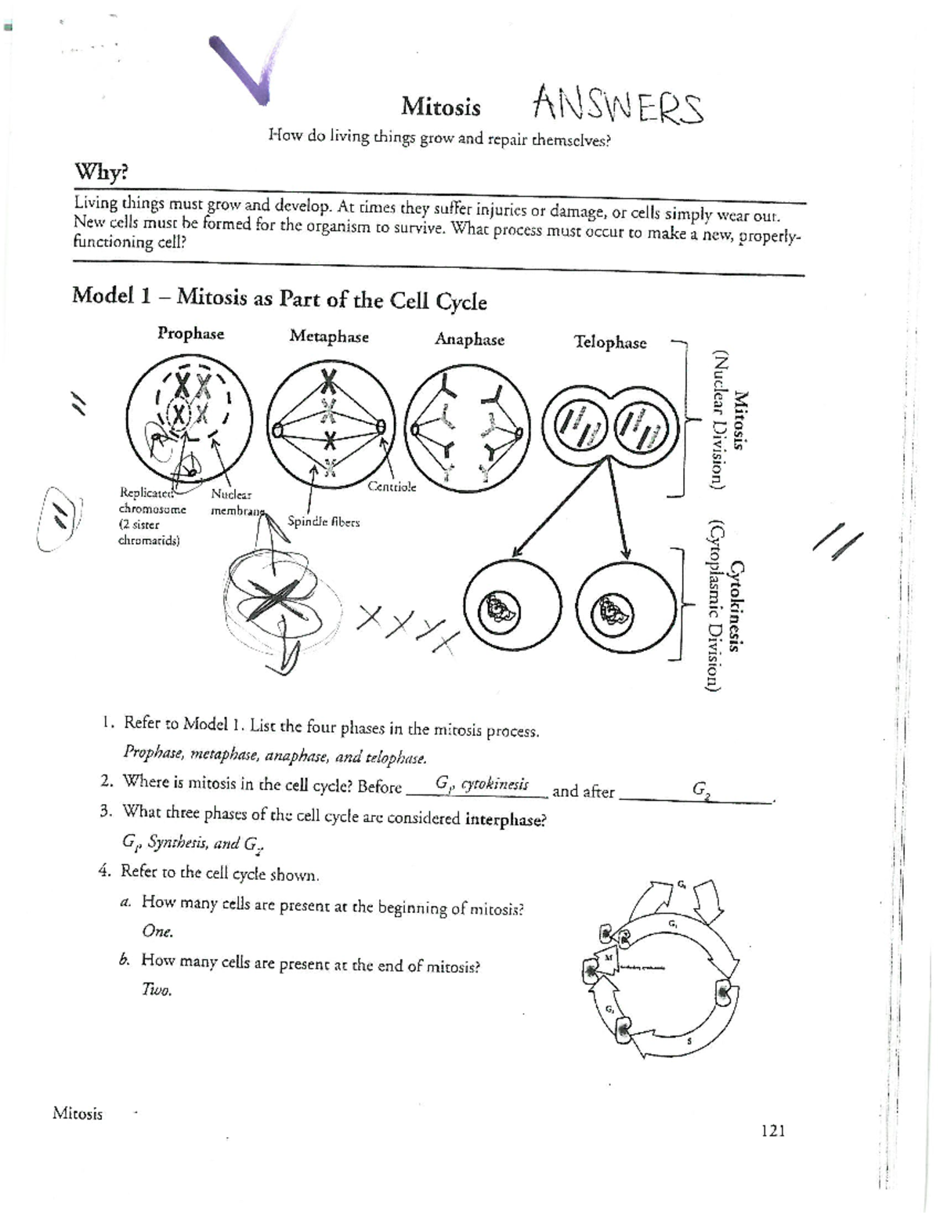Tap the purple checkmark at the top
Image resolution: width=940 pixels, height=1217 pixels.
(244, 71)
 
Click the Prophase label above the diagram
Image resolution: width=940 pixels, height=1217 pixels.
(190, 334)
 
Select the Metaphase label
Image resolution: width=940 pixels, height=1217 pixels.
(329, 337)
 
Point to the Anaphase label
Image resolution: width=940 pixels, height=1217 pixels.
(469, 339)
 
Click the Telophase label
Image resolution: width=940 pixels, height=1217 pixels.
(610, 342)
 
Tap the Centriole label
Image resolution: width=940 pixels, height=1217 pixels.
(392, 487)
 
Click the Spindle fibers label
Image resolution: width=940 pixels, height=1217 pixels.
(324, 521)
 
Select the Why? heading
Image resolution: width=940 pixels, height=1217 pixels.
(100, 171)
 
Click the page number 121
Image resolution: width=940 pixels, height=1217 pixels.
(772, 1130)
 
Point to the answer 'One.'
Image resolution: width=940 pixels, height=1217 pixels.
(157, 931)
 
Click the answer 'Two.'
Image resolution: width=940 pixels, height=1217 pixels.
(157, 990)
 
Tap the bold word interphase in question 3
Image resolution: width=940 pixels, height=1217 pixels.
(505, 820)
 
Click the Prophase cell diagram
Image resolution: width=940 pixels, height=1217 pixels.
(190, 418)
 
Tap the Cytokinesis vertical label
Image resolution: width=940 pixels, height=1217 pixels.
(736, 605)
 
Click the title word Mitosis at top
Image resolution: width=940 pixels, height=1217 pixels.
(441, 107)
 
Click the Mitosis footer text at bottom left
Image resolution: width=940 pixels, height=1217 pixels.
(78, 1114)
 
